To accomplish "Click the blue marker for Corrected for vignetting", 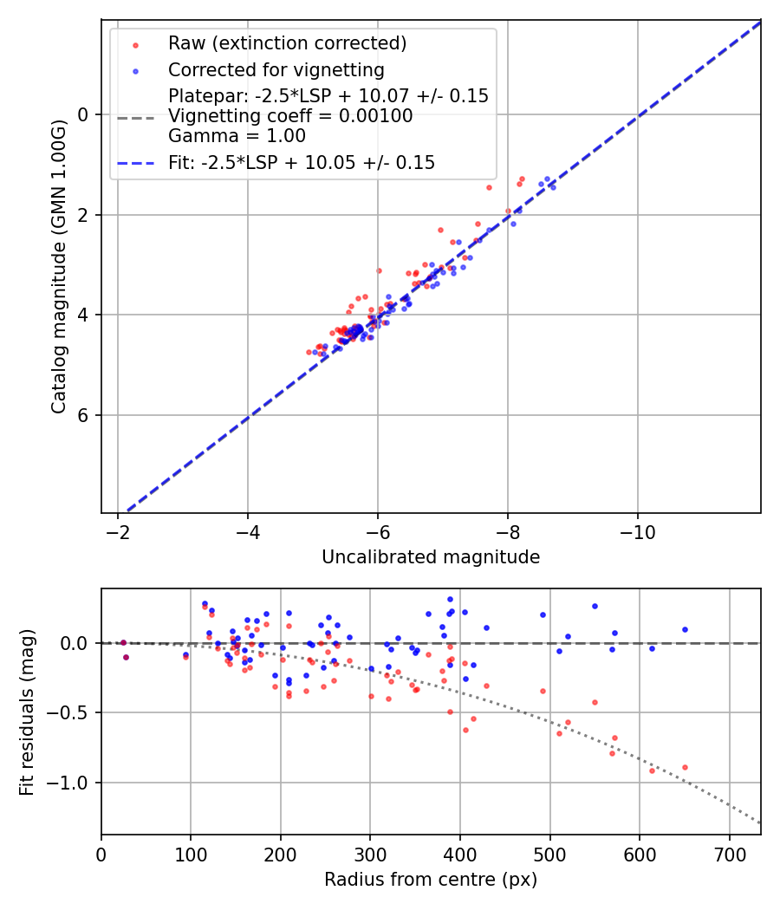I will coord(134,70).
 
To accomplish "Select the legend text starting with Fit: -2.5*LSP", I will coord(302,162).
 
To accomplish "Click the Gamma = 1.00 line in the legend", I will coord(237,136).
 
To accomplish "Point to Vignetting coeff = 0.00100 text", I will coord(290,116).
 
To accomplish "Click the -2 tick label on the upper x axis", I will coord(118,530).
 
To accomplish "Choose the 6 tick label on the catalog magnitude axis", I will coord(84,415).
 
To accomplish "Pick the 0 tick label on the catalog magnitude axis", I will coord(84,114).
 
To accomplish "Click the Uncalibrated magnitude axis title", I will coord(431,557).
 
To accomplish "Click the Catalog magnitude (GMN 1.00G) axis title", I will coord(58,265).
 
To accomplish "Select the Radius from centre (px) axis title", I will coord(431,880).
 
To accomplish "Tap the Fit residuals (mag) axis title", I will coord(27,712).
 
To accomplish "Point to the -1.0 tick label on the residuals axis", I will coord(75,783).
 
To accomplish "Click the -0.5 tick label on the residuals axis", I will coord(75,712).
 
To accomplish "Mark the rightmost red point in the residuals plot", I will coord(685,767).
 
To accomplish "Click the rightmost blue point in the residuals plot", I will coord(685,629).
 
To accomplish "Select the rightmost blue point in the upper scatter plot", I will coord(553,187).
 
